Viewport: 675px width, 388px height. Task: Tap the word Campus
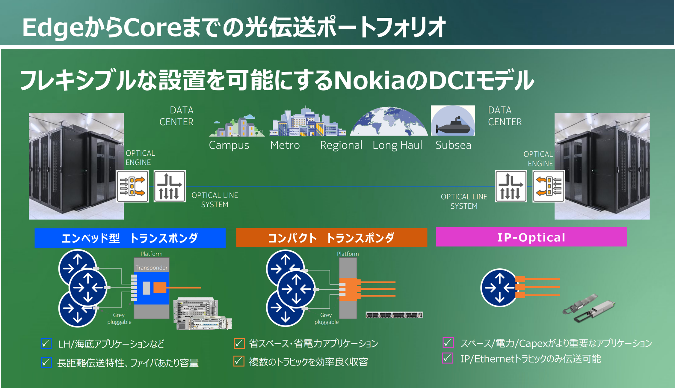[x=229, y=145]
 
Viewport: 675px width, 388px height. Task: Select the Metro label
[x=285, y=145]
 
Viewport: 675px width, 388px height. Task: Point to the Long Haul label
[x=397, y=145]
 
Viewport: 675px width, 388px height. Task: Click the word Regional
[x=341, y=145]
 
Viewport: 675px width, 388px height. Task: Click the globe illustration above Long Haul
[x=389, y=121]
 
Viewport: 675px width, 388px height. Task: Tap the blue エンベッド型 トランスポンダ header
[x=130, y=238]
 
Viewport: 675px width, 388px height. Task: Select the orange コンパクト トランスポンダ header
[x=332, y=238]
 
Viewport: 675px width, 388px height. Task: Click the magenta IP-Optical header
[x=531, y=237]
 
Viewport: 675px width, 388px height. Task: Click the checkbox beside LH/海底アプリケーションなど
[x=46, y=344]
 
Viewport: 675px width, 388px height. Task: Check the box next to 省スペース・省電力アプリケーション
[x=239, y=343]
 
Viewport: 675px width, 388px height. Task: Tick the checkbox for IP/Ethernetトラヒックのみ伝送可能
[x=448, y=358]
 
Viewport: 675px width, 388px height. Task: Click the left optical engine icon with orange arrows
[x=132, y=186]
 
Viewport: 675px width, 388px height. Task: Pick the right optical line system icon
[x=511, y=186]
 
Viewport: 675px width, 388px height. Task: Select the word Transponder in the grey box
[x=151, y=267]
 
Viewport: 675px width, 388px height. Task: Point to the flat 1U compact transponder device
[x=394, y=315]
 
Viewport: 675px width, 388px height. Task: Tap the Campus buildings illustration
[x=237, y=126]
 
